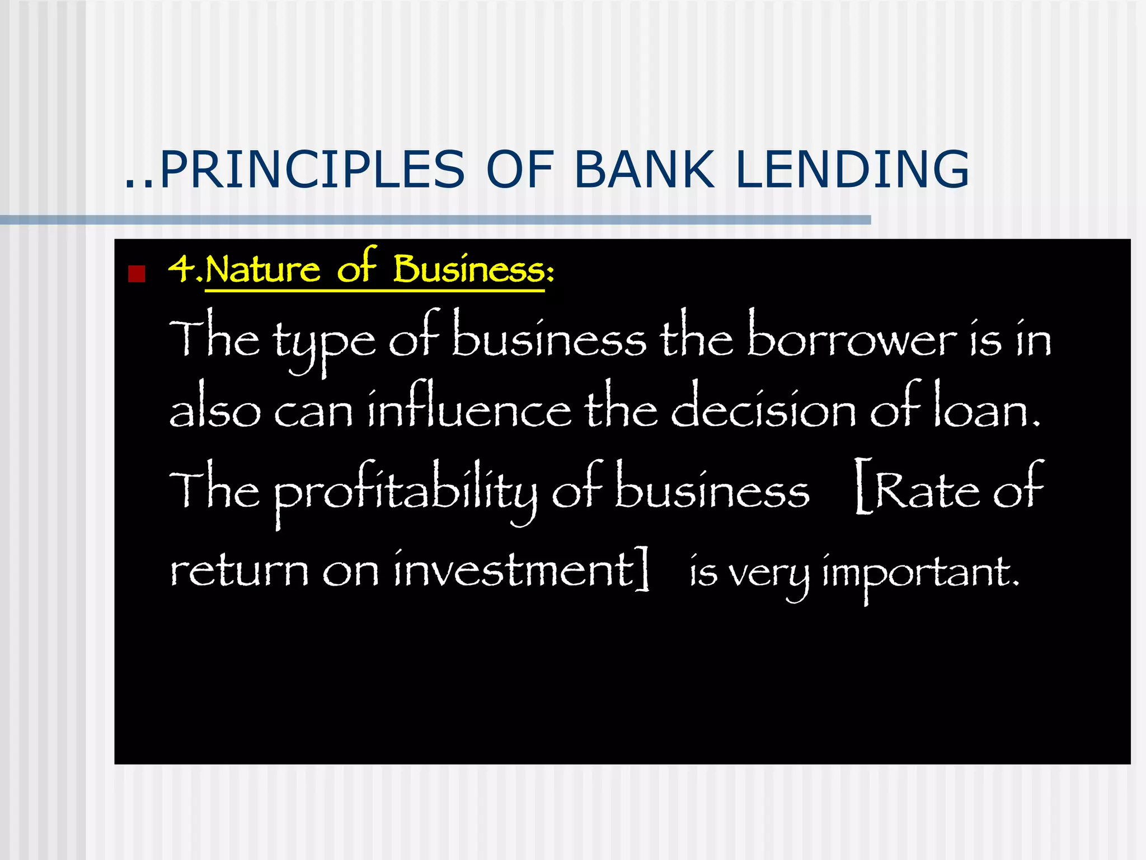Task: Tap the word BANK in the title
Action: (644, 169)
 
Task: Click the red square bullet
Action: (137, 274)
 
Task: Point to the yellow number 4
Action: (180, 269)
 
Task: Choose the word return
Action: (239, 571)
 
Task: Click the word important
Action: (920, 574)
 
